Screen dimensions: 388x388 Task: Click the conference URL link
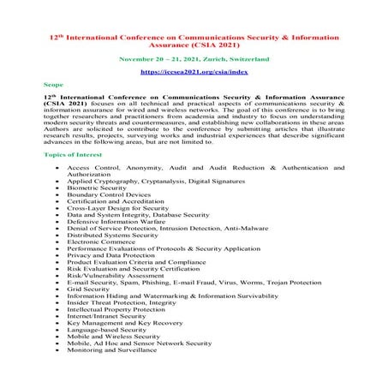pos(193,74)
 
